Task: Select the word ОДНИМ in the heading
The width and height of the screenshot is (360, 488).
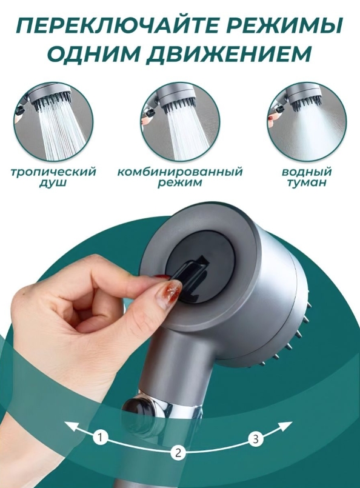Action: tap(92, 53)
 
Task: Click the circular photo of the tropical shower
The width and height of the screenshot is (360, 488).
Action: tap(53, 121)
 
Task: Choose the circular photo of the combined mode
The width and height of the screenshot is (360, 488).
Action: tap(180, 121)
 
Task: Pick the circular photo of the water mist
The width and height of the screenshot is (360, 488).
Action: tap(307, 121)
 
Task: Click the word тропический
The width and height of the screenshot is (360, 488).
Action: tap(53, 172)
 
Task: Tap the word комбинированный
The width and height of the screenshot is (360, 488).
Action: tap(180, 172)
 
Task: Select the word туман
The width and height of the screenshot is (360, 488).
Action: tap(307, 182)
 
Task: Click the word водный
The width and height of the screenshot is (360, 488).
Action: tap(307, 172)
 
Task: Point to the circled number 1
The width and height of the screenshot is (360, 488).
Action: tap(100, 437)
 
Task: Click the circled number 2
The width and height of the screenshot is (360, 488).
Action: tap(178, 452)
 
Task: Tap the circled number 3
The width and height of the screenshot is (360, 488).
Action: tap(256, 439)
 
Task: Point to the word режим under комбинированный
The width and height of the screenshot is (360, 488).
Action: tap(180, 182)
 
